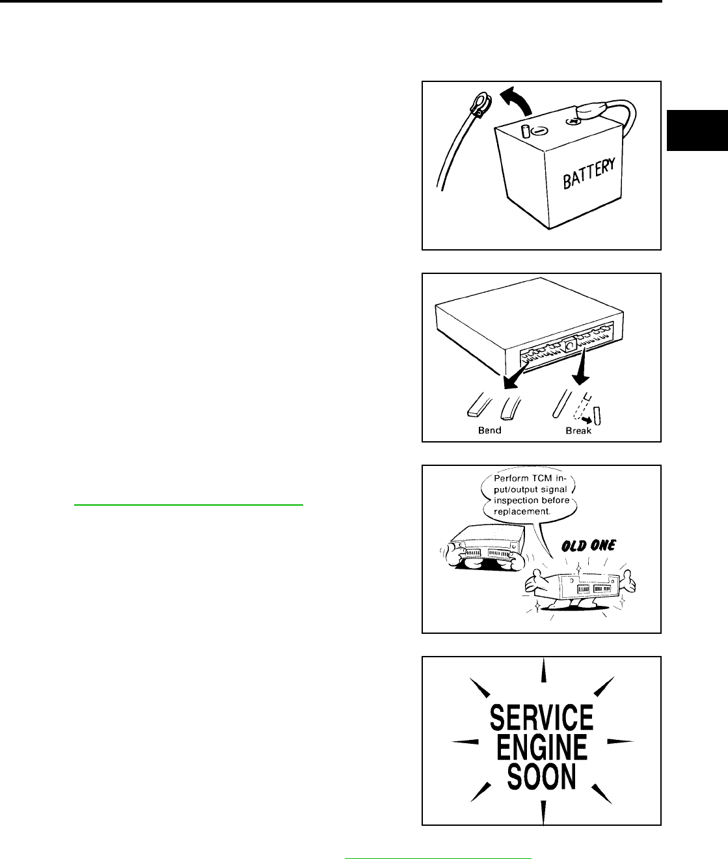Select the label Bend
pos(490,430)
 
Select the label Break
pos(578,430)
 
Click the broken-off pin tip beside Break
pos(598,415)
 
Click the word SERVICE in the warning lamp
pos(541,718)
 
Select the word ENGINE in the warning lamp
pos(541,746)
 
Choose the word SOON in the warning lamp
pos(541,776)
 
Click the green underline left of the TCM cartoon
pos(189,504)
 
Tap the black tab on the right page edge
pos(697,131)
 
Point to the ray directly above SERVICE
pos(543,672)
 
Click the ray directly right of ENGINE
pos(619,741)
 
